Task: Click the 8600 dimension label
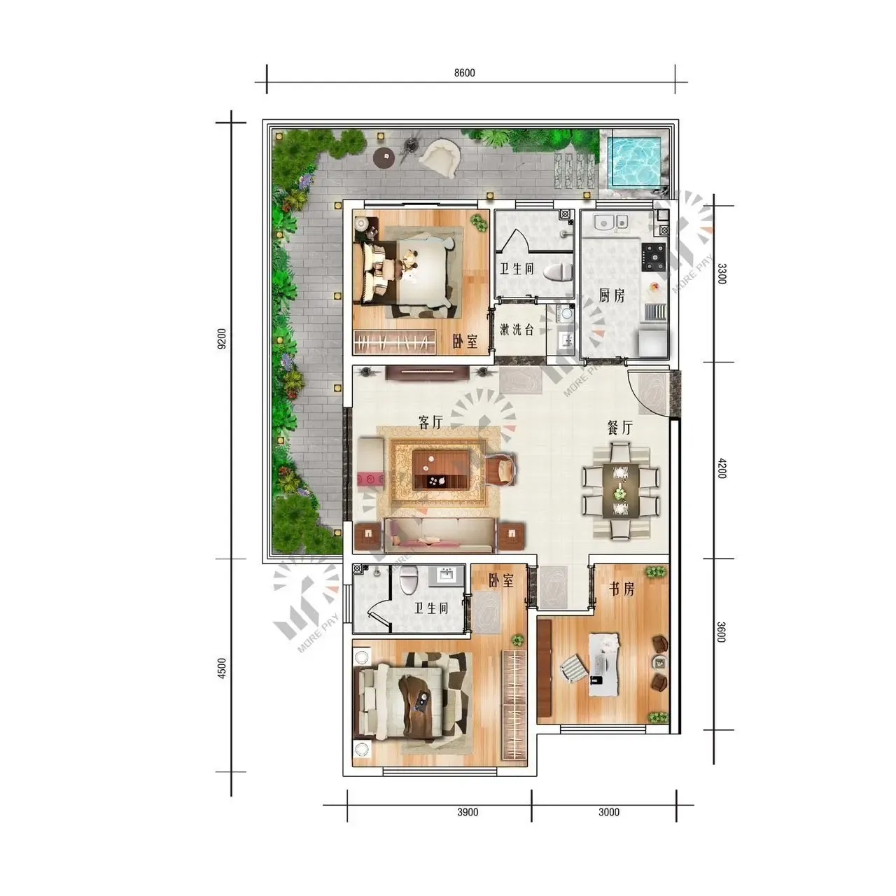(464, 73)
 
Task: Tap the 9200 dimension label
(222, 339)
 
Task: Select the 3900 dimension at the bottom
(468, 812)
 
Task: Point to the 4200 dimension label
(721, 468)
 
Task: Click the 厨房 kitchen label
(611, 295)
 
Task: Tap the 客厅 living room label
(430, 422)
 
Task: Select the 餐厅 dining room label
(619, 427)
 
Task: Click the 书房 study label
(622, 589)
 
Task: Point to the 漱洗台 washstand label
(517, 330)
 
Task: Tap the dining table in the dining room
(620, 491)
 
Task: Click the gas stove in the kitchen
(654, 257)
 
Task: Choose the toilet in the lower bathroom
(408, 580)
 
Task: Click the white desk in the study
(603, 664)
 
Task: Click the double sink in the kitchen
(611, 222)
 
